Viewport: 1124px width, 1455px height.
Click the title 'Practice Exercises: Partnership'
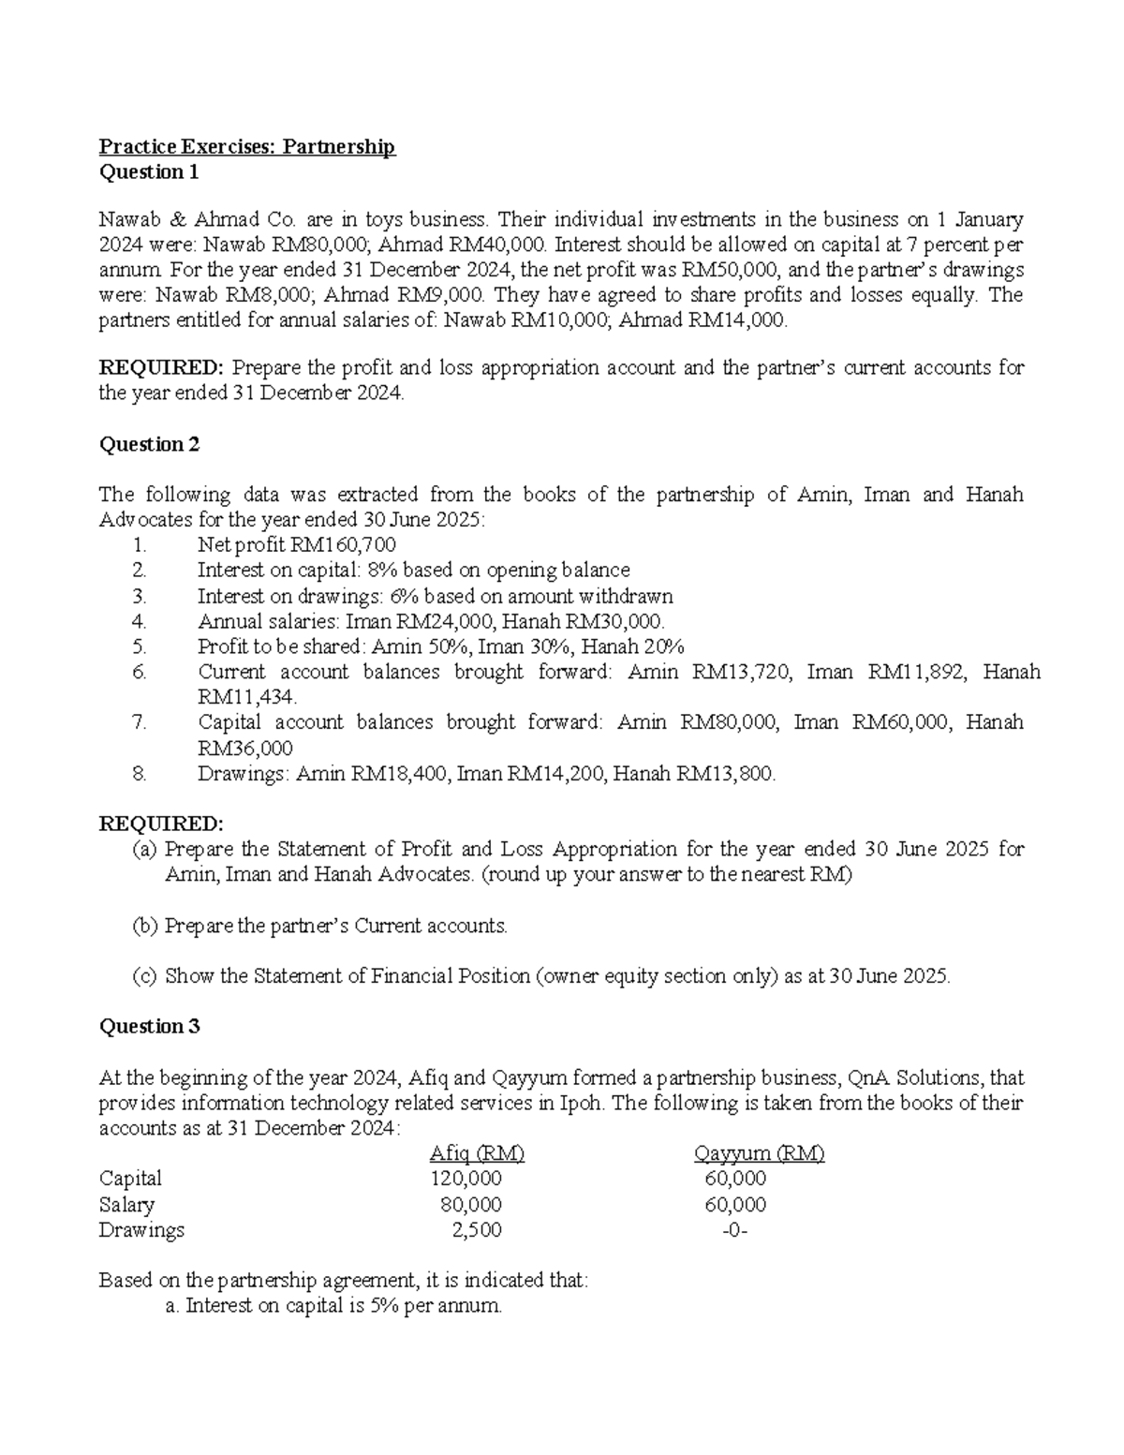tap(247, 147)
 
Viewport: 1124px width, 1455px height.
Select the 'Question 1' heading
tap(149, 172)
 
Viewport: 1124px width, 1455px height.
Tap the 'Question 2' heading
tap(149, 444)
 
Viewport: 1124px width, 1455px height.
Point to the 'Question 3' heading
tap(149, 1027)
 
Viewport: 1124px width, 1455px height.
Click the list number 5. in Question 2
tap(140, 646)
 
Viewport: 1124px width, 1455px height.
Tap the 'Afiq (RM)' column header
tap(476, 1153)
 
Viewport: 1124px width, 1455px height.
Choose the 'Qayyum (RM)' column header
tap(759, 1153)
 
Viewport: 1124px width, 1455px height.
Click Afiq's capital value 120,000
tap(466, 1179)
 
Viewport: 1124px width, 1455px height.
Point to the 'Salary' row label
tap(126, 1205)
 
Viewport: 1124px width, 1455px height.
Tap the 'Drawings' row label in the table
tap(141, 1230)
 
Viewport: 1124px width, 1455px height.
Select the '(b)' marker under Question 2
tap(145, 927)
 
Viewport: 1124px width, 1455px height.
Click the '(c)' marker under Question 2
tap(145, 976)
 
